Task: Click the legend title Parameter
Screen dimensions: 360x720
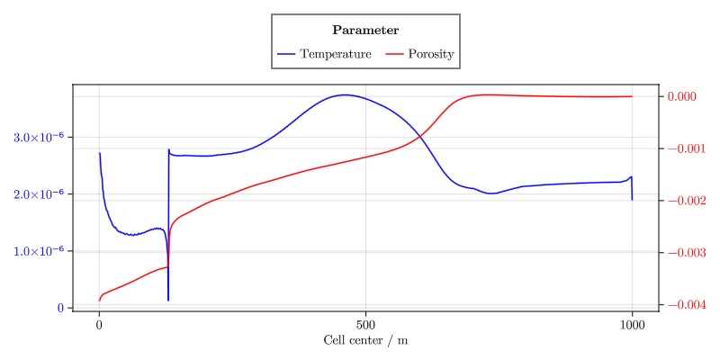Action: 365,31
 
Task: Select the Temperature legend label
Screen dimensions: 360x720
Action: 336,54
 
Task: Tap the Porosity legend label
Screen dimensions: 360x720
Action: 430,54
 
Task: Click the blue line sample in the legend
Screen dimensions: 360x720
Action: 286,54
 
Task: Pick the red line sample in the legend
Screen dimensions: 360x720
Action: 394,54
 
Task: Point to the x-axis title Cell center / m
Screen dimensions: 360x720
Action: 365,341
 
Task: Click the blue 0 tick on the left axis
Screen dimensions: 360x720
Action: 60,308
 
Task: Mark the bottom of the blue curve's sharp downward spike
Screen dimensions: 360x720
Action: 168,300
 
